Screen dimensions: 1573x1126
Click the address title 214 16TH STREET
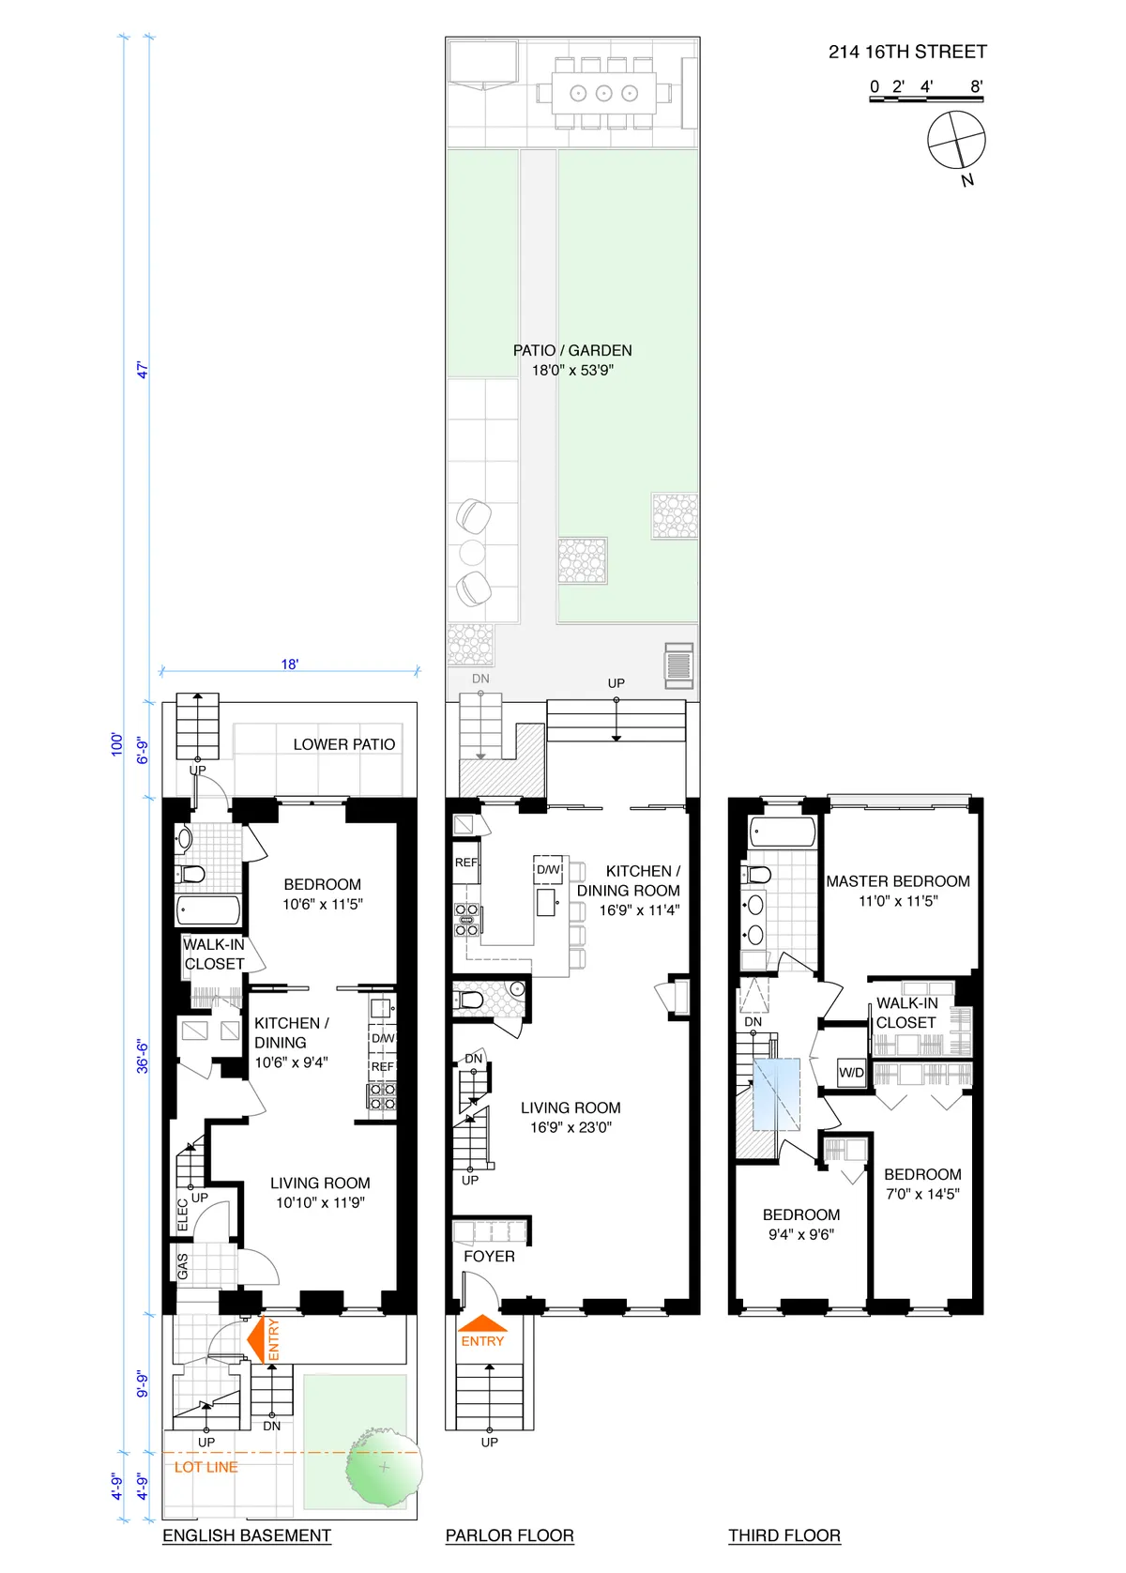[x=906, y=53]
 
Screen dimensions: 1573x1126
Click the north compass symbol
[x=956, y=141]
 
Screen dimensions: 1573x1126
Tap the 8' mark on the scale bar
[x=976, y=87]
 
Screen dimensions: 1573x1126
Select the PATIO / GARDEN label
[x=572, y=351]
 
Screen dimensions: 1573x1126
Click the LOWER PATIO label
[x=343, y=744]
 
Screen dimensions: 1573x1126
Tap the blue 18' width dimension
[x=290, y=664]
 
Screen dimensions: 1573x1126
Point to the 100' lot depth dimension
[x=117, y=744]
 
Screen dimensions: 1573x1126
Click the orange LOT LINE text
[x=206, y=1467]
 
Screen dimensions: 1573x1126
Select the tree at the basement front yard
[x=383, y=1467]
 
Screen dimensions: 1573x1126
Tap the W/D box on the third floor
[x=851, y=1072]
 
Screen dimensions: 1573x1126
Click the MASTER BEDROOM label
[x=898, y=881]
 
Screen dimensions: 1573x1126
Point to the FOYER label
[x=489, y=1257]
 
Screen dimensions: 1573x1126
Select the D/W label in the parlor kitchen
[x=549, y=870]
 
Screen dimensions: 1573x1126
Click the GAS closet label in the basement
[x=183, y=1266]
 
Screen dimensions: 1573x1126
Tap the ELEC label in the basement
[x=183, y=1215]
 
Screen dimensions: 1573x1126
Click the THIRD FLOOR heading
[x=784, y=1535]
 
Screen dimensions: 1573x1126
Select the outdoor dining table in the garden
[x=603, y=93]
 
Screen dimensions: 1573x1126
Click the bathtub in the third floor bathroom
[x=783, y=832]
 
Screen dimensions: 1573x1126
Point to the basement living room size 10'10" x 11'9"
[x=320, y=1203]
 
